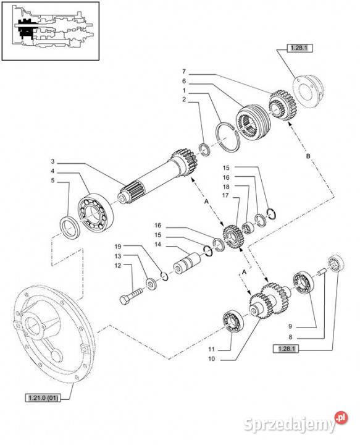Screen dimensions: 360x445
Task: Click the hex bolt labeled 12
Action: pyautogui.click(x=132, y=295)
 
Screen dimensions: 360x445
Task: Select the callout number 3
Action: pyautogui.click(x=52, y=161)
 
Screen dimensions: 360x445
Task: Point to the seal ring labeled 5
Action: pyautogui.click(x=70, y=227)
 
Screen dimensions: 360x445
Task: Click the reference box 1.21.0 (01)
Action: pyautogui.click(x=43, y=398)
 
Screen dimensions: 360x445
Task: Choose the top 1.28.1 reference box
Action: pyautogui.click(x=299, y=48)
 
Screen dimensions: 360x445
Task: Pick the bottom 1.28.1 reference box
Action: pyautogui.click(x=286, y=349)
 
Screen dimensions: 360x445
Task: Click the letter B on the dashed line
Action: pyautogui.click(x=308, y=156)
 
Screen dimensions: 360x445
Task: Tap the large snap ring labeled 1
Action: pyautogui.click(x=228, y=137)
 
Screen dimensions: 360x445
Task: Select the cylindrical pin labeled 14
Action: pyautogui.click(x=187, y=265)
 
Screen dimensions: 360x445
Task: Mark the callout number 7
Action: pyautogui.click(x=184, y=72)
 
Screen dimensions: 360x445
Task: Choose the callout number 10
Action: pyautogui.click(x=212, y=358)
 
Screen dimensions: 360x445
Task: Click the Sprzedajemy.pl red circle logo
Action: pyautogui.click(x=341, y=418)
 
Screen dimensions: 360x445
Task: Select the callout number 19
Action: pyautogui.click(x=118, y=246)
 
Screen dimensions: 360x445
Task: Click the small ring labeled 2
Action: pyautogui.click(x=205, y=150)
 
